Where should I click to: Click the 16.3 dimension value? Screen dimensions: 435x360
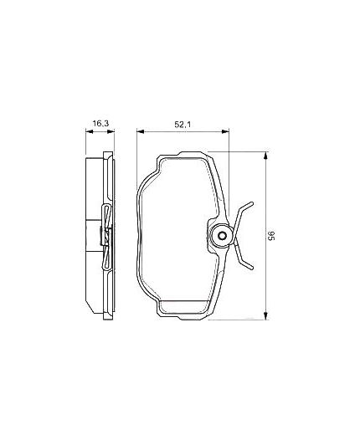click(100, 124)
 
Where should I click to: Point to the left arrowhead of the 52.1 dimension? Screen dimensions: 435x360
click(139, 130)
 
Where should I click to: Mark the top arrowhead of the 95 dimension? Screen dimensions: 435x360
click(265, 154)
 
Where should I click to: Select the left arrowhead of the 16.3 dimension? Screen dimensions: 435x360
click(89, 130)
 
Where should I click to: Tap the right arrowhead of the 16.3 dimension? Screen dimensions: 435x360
click(112, 130)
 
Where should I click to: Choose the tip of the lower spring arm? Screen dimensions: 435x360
click(252, 269)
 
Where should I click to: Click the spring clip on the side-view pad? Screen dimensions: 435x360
click(105, 237)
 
